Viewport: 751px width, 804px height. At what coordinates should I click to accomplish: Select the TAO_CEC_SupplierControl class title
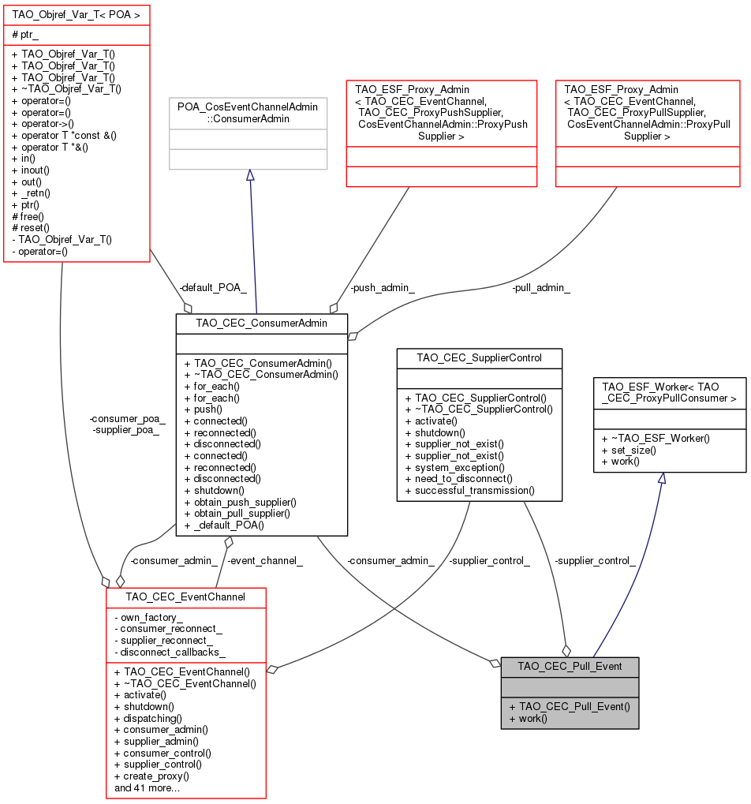[x=479, y=357]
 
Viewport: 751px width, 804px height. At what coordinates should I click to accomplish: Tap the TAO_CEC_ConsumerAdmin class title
[x=261, y=322]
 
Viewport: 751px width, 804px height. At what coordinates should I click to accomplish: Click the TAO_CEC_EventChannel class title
[x=185, y=596]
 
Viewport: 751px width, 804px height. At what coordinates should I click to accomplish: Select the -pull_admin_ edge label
[x=540, y=288]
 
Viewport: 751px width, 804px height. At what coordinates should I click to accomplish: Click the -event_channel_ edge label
[x=264, y=561]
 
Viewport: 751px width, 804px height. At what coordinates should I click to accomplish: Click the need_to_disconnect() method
[x=458, y=478]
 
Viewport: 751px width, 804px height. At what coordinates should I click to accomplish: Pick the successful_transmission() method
[x=469, y=490]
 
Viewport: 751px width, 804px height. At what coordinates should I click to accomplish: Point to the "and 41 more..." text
[x=147, y=787]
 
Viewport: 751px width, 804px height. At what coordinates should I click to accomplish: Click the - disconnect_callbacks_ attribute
[x=170, y=653]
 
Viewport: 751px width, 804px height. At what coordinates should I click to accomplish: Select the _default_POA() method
[x=229, y=525]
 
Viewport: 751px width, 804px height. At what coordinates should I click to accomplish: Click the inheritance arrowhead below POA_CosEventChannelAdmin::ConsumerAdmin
[x=249, y=176]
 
